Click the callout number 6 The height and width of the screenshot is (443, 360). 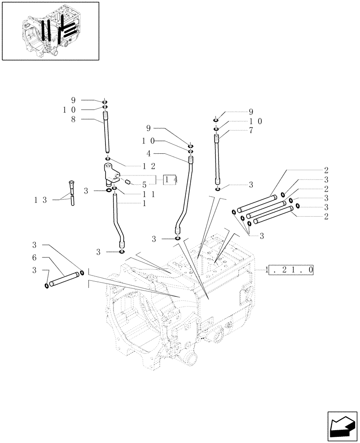[x=35, y=258]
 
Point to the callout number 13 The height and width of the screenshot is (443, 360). [x=40, y=200]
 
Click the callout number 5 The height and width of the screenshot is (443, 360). [x=145, y=185]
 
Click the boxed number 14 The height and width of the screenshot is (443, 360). [x=171, y=179]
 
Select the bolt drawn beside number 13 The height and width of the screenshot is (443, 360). [x=71, y=193]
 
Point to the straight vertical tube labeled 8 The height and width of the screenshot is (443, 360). [x=107, y=133]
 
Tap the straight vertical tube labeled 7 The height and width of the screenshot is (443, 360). [x=217, y=159]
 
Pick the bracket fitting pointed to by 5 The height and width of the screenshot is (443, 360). [x=111, y=174]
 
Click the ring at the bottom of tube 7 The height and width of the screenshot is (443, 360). [x=217, y=189]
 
